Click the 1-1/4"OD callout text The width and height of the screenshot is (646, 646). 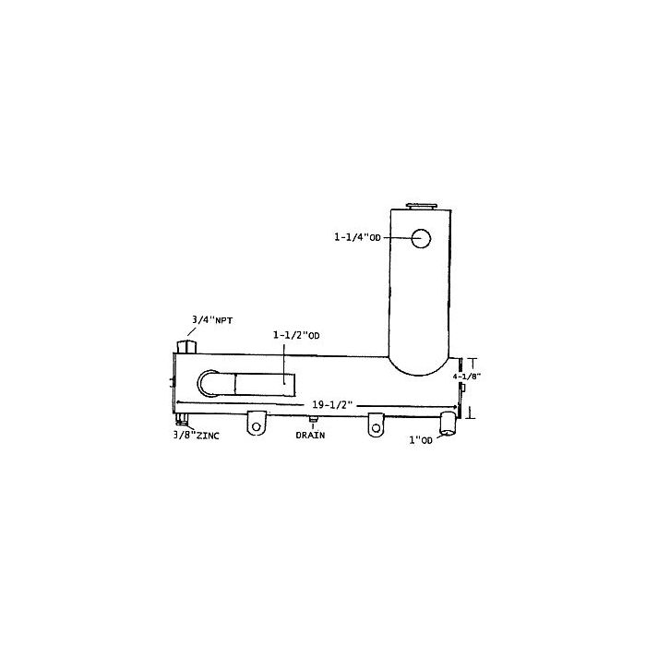coord(357,237)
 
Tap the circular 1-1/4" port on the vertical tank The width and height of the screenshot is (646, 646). coord(421,238)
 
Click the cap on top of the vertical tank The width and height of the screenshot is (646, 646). coord(421,206)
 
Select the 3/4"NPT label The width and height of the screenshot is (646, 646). coord(211,319)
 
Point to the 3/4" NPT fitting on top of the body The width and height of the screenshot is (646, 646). coord(186,347)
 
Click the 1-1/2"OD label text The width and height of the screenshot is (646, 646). coord(296,335)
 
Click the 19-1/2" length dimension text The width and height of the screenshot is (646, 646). coord(332,404)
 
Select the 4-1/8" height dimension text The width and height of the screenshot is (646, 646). coord(466,377)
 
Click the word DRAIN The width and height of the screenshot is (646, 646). coord(310,435)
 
